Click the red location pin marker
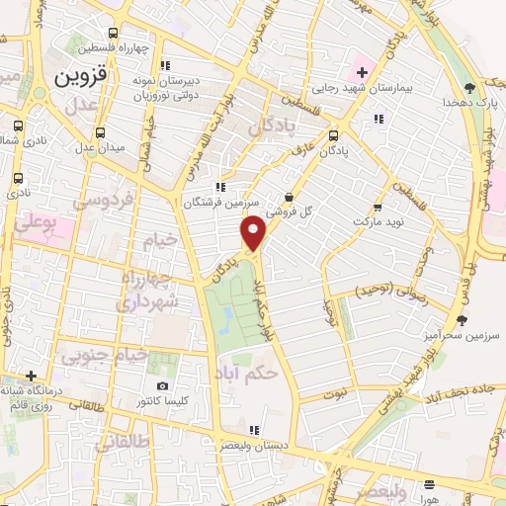[254, 233]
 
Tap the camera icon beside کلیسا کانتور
[163, 385]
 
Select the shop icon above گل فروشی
[288, 196]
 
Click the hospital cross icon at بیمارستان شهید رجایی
[361, 72]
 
